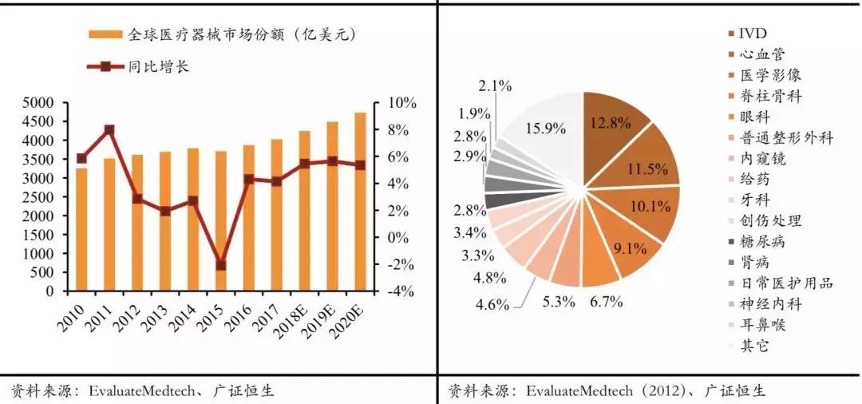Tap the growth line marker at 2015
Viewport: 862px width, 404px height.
pos(221,265)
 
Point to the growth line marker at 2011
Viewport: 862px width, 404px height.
pos(109,129)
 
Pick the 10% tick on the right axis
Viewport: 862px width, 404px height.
pos(401,103)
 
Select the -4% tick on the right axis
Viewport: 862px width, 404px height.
pos(401,291)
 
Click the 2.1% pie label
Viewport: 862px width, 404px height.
pos(496,85)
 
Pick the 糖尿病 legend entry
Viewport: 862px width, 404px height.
pos(758,241)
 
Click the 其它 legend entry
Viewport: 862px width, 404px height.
pos(750,346)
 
